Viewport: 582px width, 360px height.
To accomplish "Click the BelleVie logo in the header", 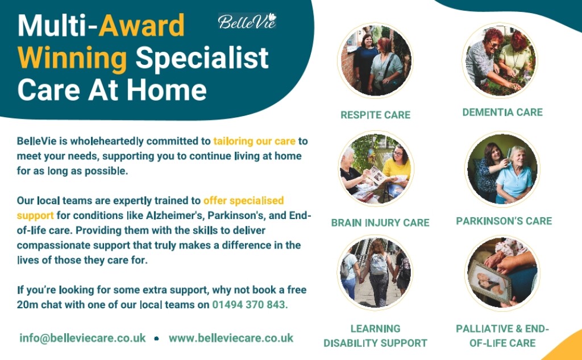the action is click(247, 21).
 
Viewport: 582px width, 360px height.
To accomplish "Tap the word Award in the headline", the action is click(142, 25).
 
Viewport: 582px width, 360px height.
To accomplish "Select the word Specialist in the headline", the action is click(202, 58).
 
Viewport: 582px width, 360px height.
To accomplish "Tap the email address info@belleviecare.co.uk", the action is click(82, 338).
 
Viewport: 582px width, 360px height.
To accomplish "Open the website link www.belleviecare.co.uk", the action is click(231, 338).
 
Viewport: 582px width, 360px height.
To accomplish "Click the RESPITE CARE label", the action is click(375, 115).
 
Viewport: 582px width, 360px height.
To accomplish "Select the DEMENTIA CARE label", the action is click(502, 112).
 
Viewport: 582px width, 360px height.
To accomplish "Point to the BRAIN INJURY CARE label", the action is click(380, 222).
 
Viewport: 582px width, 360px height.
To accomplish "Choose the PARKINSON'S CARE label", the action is click(504, 221).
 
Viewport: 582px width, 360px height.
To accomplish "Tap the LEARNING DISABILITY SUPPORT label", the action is click(375, 336).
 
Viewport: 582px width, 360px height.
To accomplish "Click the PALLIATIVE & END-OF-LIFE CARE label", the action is click(502, 336).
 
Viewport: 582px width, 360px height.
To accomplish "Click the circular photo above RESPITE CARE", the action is click(375, 60).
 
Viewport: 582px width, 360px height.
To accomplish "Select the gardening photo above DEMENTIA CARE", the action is click(501, 60).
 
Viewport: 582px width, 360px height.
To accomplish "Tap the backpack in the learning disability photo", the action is click(379, 263).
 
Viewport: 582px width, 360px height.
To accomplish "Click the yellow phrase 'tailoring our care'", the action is click(254, 141).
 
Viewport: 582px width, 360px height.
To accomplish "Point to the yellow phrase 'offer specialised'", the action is click(243, 201).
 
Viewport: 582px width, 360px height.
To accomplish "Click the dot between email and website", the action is click(157, 338).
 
